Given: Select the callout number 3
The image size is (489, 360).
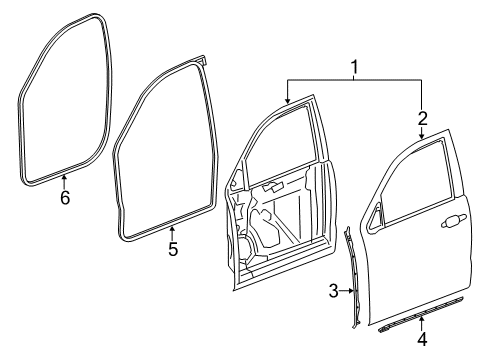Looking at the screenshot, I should click(x=333, y=291).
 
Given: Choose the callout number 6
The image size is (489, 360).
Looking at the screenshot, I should click(x=64, y=198).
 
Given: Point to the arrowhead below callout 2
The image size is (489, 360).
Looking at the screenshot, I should click(x=421, y=134).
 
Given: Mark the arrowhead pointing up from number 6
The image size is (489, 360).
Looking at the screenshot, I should click(x=64, y=181).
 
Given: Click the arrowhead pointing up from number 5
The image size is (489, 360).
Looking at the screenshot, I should click(x=172, y=233).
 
